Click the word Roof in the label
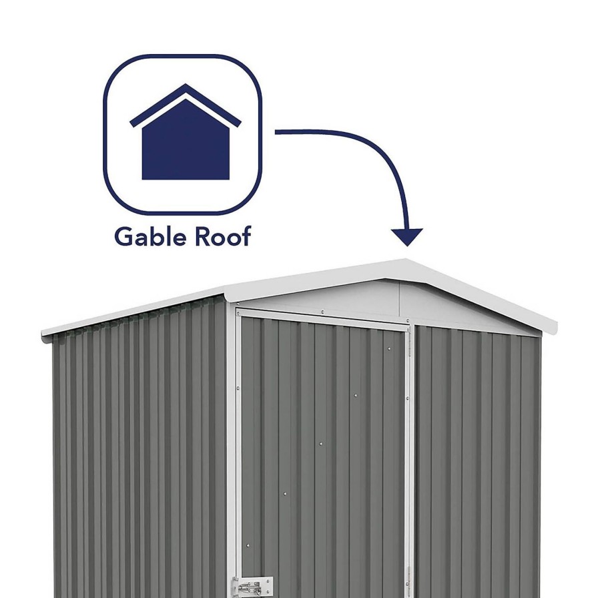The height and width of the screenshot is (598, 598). (x=223, y=236)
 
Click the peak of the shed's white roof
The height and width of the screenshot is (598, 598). (x=405, y=260)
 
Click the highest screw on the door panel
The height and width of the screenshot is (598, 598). (x=388, y=348)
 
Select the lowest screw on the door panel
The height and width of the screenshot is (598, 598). (x=248, y=546)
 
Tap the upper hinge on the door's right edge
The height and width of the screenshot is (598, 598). (x=410, y=345)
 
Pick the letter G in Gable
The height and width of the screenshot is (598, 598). (x=123, y=237)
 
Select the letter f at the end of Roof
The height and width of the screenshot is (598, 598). (x=246, y=236)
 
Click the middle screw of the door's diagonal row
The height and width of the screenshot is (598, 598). (x=321, y=444)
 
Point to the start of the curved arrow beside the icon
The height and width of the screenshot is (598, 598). (x=276, y=132)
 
